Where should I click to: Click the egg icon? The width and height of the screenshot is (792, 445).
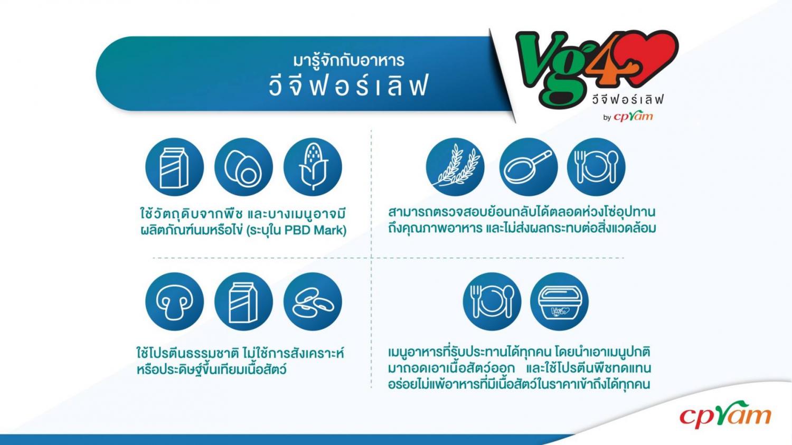(243, 167)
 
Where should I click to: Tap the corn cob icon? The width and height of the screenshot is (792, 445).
(313, 167)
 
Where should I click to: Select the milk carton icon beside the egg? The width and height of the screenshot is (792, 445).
(174, 167)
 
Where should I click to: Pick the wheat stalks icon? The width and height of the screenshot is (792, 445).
(455, 167)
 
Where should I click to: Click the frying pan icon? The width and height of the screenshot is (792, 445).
(528, 167)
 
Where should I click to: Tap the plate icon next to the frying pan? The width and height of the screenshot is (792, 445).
(596, 167)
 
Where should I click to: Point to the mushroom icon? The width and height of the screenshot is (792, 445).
(174, 301)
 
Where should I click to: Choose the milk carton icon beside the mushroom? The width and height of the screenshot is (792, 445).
(243, 301)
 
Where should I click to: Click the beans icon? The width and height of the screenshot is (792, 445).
(313, 301)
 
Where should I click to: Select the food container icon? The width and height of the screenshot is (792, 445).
(559, 301)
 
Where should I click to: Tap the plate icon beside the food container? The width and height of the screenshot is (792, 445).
(492, 301)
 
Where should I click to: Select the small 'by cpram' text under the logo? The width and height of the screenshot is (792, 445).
(628, 116)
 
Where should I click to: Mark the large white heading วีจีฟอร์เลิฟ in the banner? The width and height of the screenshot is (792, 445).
(348, 85)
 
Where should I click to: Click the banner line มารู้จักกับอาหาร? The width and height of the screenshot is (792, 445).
(348, 60)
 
